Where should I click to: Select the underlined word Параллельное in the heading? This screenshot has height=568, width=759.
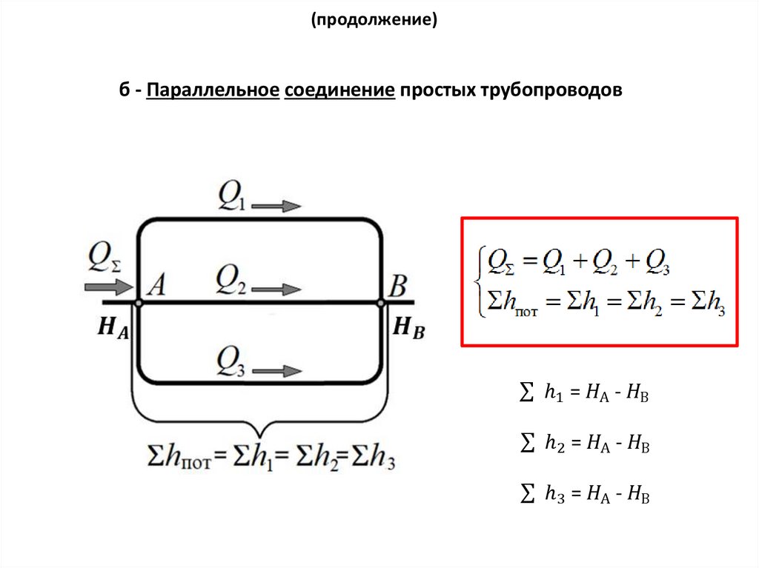212,92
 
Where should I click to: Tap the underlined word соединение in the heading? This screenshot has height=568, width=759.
338,92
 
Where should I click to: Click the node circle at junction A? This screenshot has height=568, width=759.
138,302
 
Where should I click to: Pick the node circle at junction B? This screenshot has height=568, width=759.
381,302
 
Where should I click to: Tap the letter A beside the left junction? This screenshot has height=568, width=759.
156,284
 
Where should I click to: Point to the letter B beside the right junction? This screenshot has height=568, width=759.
397,284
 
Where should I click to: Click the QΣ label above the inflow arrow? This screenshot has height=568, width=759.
104,258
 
